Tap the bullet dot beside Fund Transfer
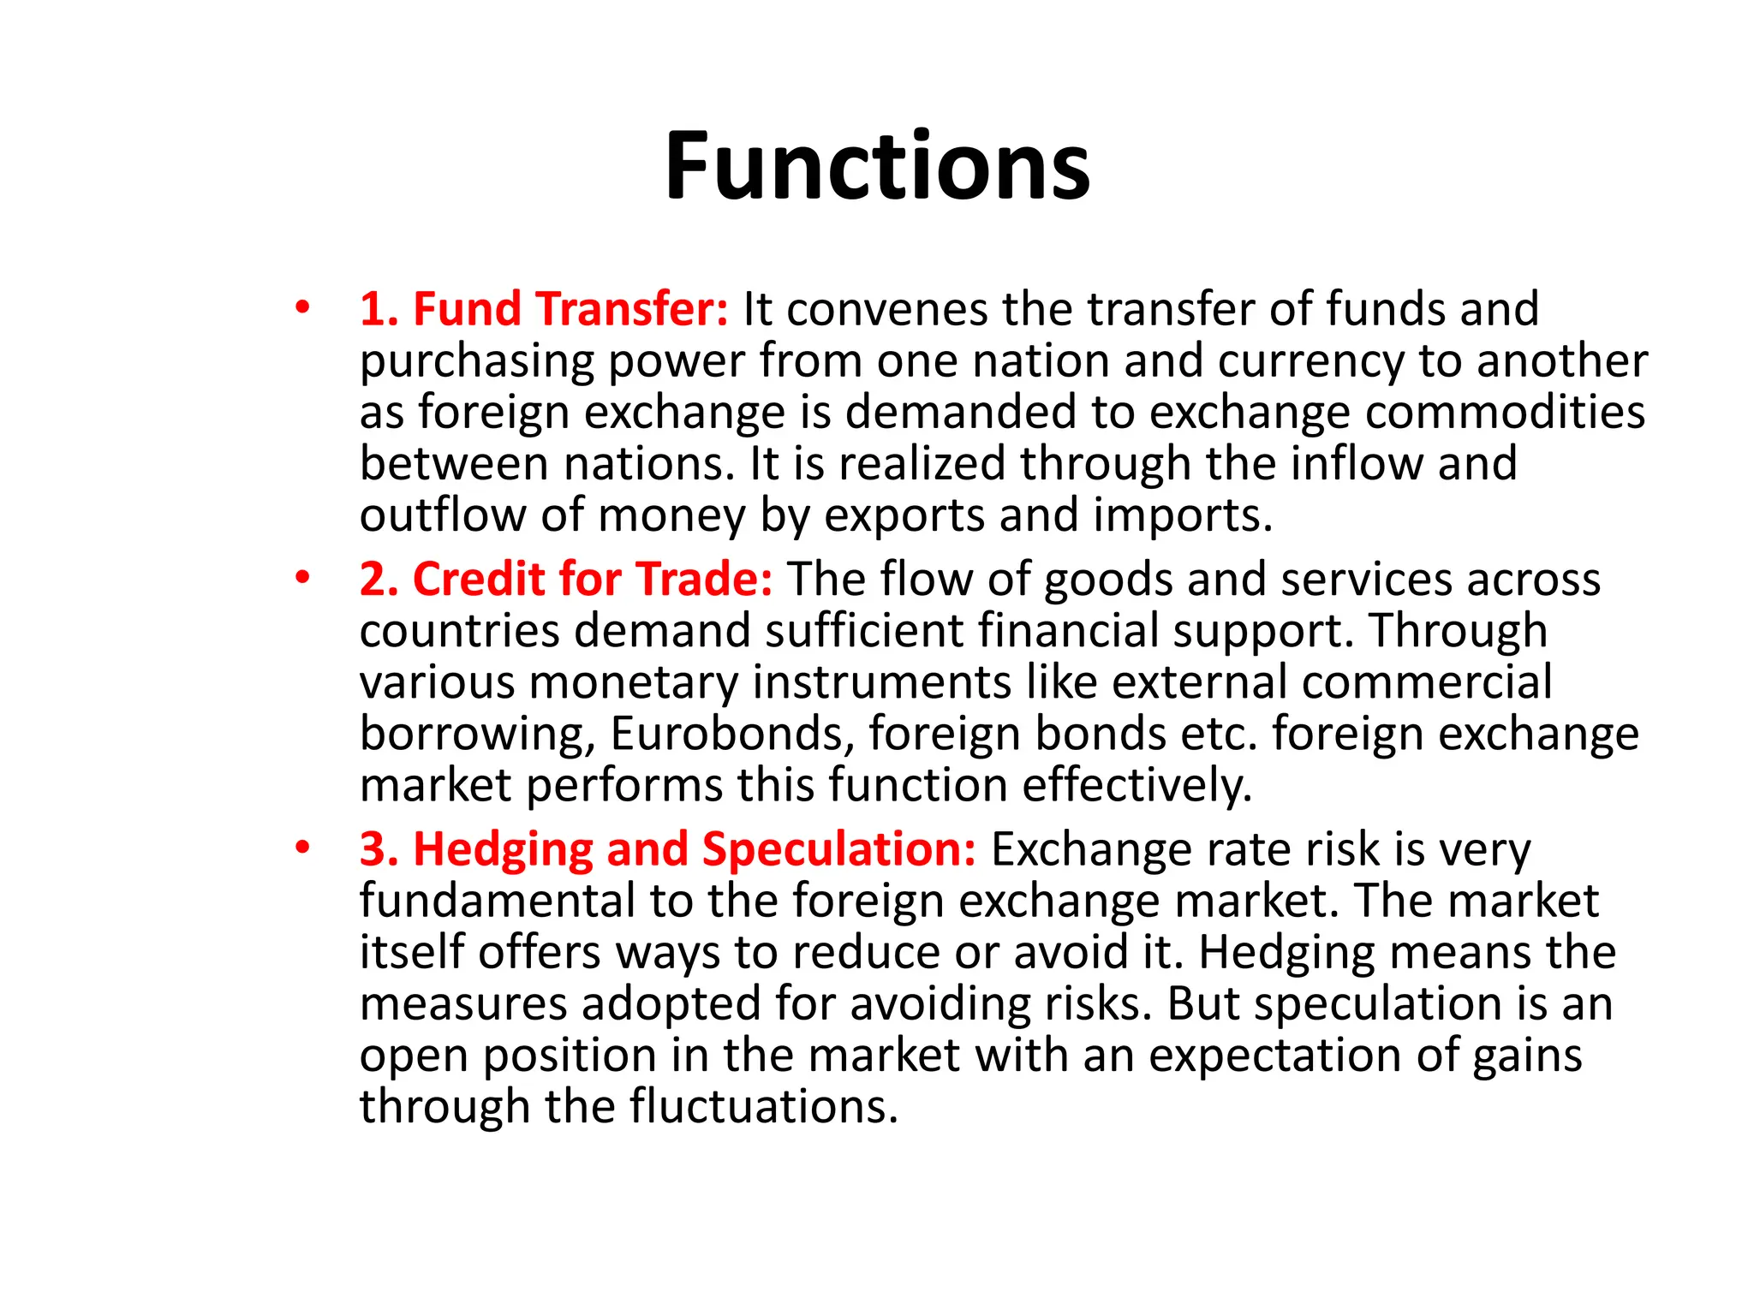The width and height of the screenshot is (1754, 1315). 301,307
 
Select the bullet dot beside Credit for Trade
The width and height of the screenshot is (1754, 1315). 301,578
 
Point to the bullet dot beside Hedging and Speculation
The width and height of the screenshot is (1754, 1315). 301,848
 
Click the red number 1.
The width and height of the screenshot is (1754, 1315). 375,310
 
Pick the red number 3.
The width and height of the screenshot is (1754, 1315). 375,850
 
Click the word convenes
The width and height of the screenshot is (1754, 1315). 886,310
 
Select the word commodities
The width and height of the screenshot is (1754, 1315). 1505,413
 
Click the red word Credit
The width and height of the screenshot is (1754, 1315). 478,580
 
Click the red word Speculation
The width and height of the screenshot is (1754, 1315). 838,851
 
